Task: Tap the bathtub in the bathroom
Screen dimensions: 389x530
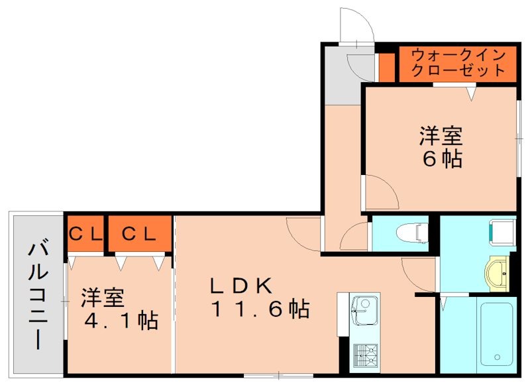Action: click(x=497, y=333)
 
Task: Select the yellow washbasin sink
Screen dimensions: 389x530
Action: click(x=498, y=272)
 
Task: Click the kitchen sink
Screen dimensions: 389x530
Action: click(x=361, y=309)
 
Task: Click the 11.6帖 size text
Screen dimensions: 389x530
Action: click(x=259, y=309)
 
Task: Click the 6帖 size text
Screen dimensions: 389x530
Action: click(x=441, y=159)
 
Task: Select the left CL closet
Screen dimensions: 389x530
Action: click(x=85, y=233)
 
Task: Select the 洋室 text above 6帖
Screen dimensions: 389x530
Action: click(x=440, y=137)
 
